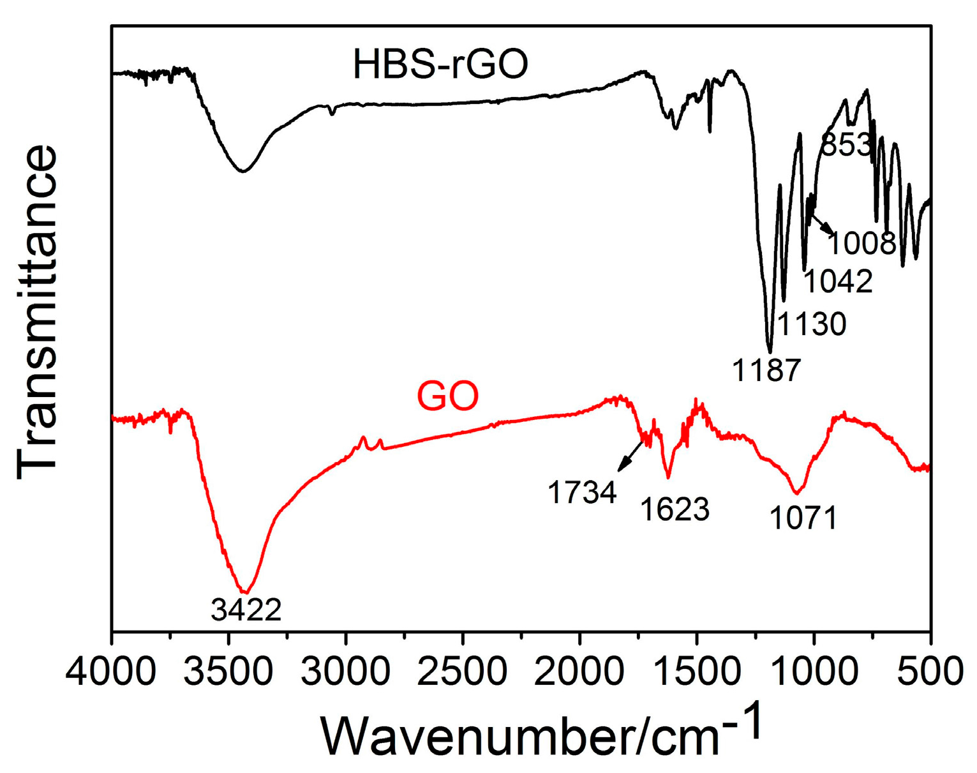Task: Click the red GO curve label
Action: tap(447, 396)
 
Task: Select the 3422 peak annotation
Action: tap(246, 610)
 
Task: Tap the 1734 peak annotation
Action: tap(582, 493)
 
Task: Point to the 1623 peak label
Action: tap(675, 509)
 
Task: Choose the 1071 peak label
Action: tap(803, 518)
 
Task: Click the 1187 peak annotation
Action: tap(766, 370)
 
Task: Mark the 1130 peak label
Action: tap(812, 324)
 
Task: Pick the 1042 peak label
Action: tap(837, 281)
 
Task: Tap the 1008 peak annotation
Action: tap(862, 243)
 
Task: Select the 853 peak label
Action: tap(846, 145)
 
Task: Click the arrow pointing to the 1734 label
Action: tap(630, 456)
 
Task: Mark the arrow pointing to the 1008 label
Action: tap(822, 225)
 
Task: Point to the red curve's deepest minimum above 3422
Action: tap(245, 592)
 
